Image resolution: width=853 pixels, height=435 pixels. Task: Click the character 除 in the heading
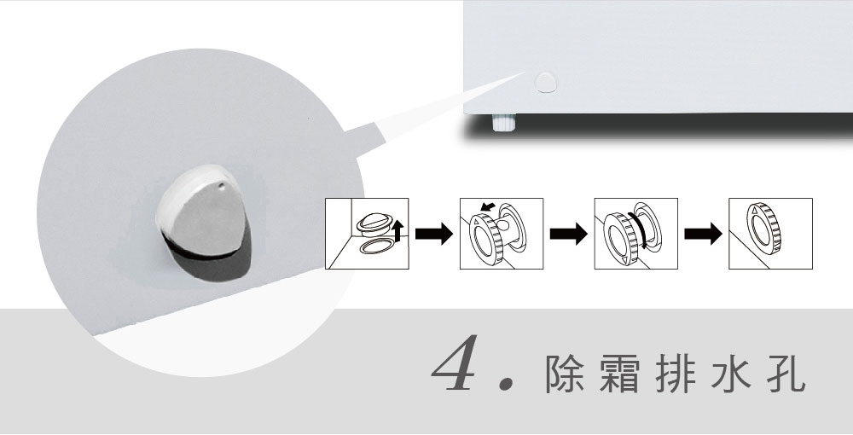click(565, 374)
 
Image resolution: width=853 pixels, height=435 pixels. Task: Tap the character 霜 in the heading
click(620, 374)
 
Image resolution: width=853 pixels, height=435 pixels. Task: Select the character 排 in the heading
click(675, 374)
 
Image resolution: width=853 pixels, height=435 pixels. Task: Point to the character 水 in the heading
click(731, 374)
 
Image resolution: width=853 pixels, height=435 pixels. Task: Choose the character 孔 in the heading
click(786, 374)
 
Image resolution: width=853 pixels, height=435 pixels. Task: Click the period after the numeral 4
click(506, 383)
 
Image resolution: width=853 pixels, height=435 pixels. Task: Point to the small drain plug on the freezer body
click(546, 82)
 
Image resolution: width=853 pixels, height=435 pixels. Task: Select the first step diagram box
click(367, 233)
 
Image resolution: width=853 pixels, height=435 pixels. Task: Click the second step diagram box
click(502, 233)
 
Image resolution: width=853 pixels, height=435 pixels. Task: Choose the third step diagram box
click(636, 233)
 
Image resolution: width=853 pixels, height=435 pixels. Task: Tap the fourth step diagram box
click(770, 233)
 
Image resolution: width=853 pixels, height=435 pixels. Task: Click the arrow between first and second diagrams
click(434, 233)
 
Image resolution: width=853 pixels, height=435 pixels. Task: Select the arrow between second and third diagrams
click(568, 233)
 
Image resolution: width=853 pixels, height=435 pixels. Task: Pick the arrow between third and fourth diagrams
click(703, 233)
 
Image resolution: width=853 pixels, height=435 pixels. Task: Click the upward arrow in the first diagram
click(397, 229)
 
